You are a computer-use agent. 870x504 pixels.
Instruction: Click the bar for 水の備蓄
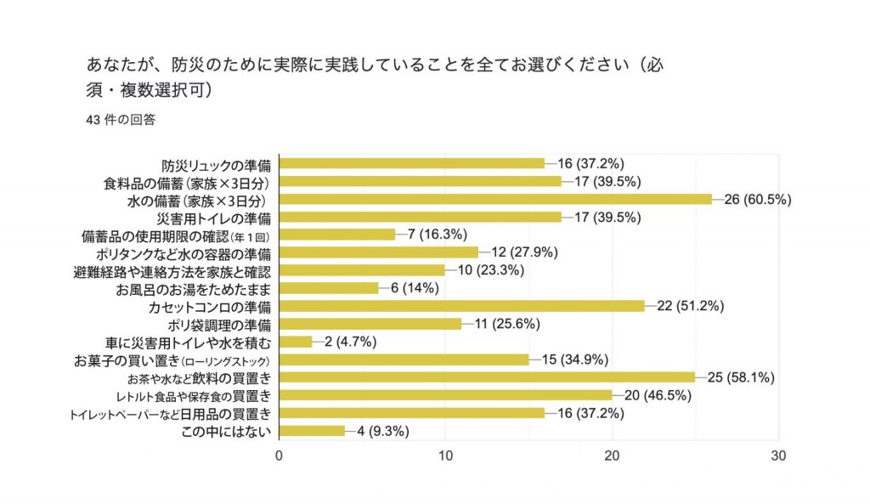[495, 199]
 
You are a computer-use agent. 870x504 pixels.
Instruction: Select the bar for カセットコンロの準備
[461, 306]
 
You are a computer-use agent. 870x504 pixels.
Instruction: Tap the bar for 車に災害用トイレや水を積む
[296, 342]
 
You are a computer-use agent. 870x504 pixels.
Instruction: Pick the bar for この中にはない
[312, 431]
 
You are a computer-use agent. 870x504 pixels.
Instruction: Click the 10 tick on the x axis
[445, 456]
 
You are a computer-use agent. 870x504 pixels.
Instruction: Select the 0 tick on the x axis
[280, 456]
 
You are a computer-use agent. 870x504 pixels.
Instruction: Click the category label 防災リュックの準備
[217, 164]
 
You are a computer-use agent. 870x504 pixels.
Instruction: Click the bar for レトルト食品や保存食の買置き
[445, 395]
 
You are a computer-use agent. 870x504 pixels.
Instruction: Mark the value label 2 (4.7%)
[347, 342]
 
